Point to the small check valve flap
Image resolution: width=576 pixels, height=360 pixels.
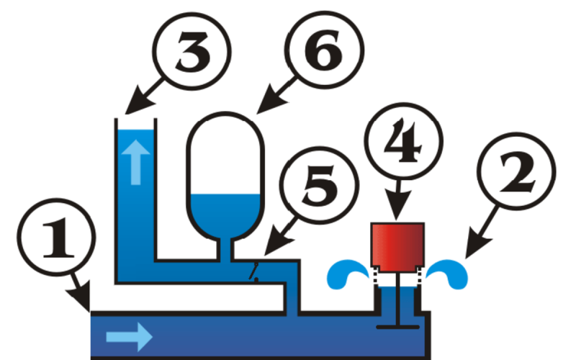pos(254,272)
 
